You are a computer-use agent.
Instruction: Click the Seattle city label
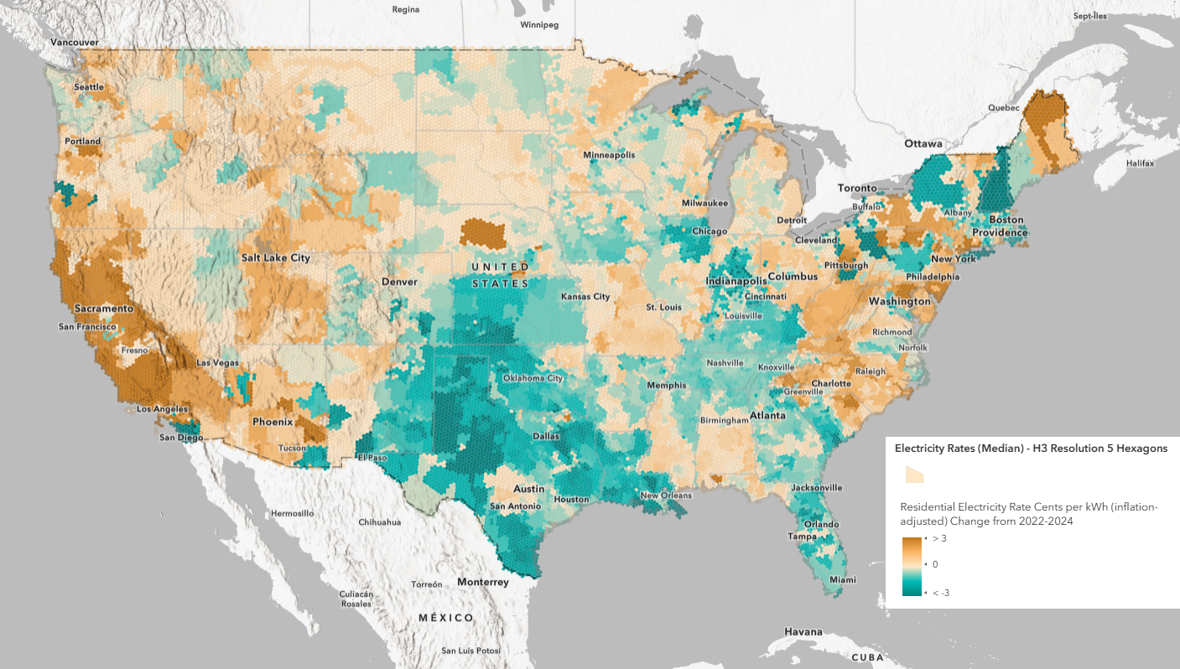pos(89,87)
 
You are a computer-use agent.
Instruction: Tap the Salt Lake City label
pos(275,257)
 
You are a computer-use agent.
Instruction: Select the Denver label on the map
pos(399,282)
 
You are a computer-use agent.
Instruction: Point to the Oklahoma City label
pos(533,378)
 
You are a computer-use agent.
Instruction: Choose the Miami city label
pos(845,579)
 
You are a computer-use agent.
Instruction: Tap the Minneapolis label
pos(609,155)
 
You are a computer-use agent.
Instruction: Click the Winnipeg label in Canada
pos(538,25)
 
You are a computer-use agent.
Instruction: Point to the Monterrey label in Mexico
pos(483,582)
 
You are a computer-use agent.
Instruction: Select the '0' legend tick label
pos(935,564)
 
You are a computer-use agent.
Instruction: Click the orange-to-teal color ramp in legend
pos(912,565)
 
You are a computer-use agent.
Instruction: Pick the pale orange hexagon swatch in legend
pos(913,475)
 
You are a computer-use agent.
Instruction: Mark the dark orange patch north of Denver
pos(483,234)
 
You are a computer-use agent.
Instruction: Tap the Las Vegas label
pos(216,362)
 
